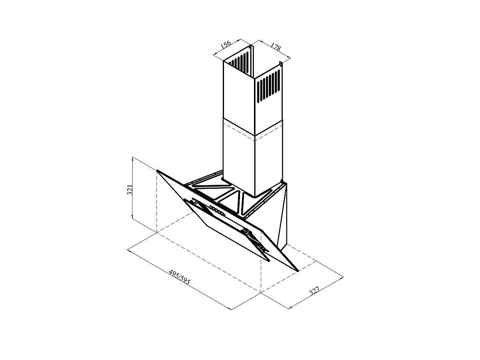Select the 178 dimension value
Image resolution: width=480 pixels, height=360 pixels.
[276, 46]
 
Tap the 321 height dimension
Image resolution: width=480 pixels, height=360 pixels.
[130, 189]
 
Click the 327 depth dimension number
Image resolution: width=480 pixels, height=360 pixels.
[314, 290]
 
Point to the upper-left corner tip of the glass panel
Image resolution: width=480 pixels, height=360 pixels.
[157, 170]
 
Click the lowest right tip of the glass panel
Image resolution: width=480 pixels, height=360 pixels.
[298, 272]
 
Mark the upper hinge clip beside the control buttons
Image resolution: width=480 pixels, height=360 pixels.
[195, 201]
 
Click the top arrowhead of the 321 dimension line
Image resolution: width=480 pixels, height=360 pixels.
[132, 158]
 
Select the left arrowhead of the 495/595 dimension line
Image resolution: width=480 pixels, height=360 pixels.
[129, 251]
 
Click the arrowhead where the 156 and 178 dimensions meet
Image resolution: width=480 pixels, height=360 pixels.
[250, 44]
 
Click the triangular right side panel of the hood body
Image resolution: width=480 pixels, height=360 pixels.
[282, 216]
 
